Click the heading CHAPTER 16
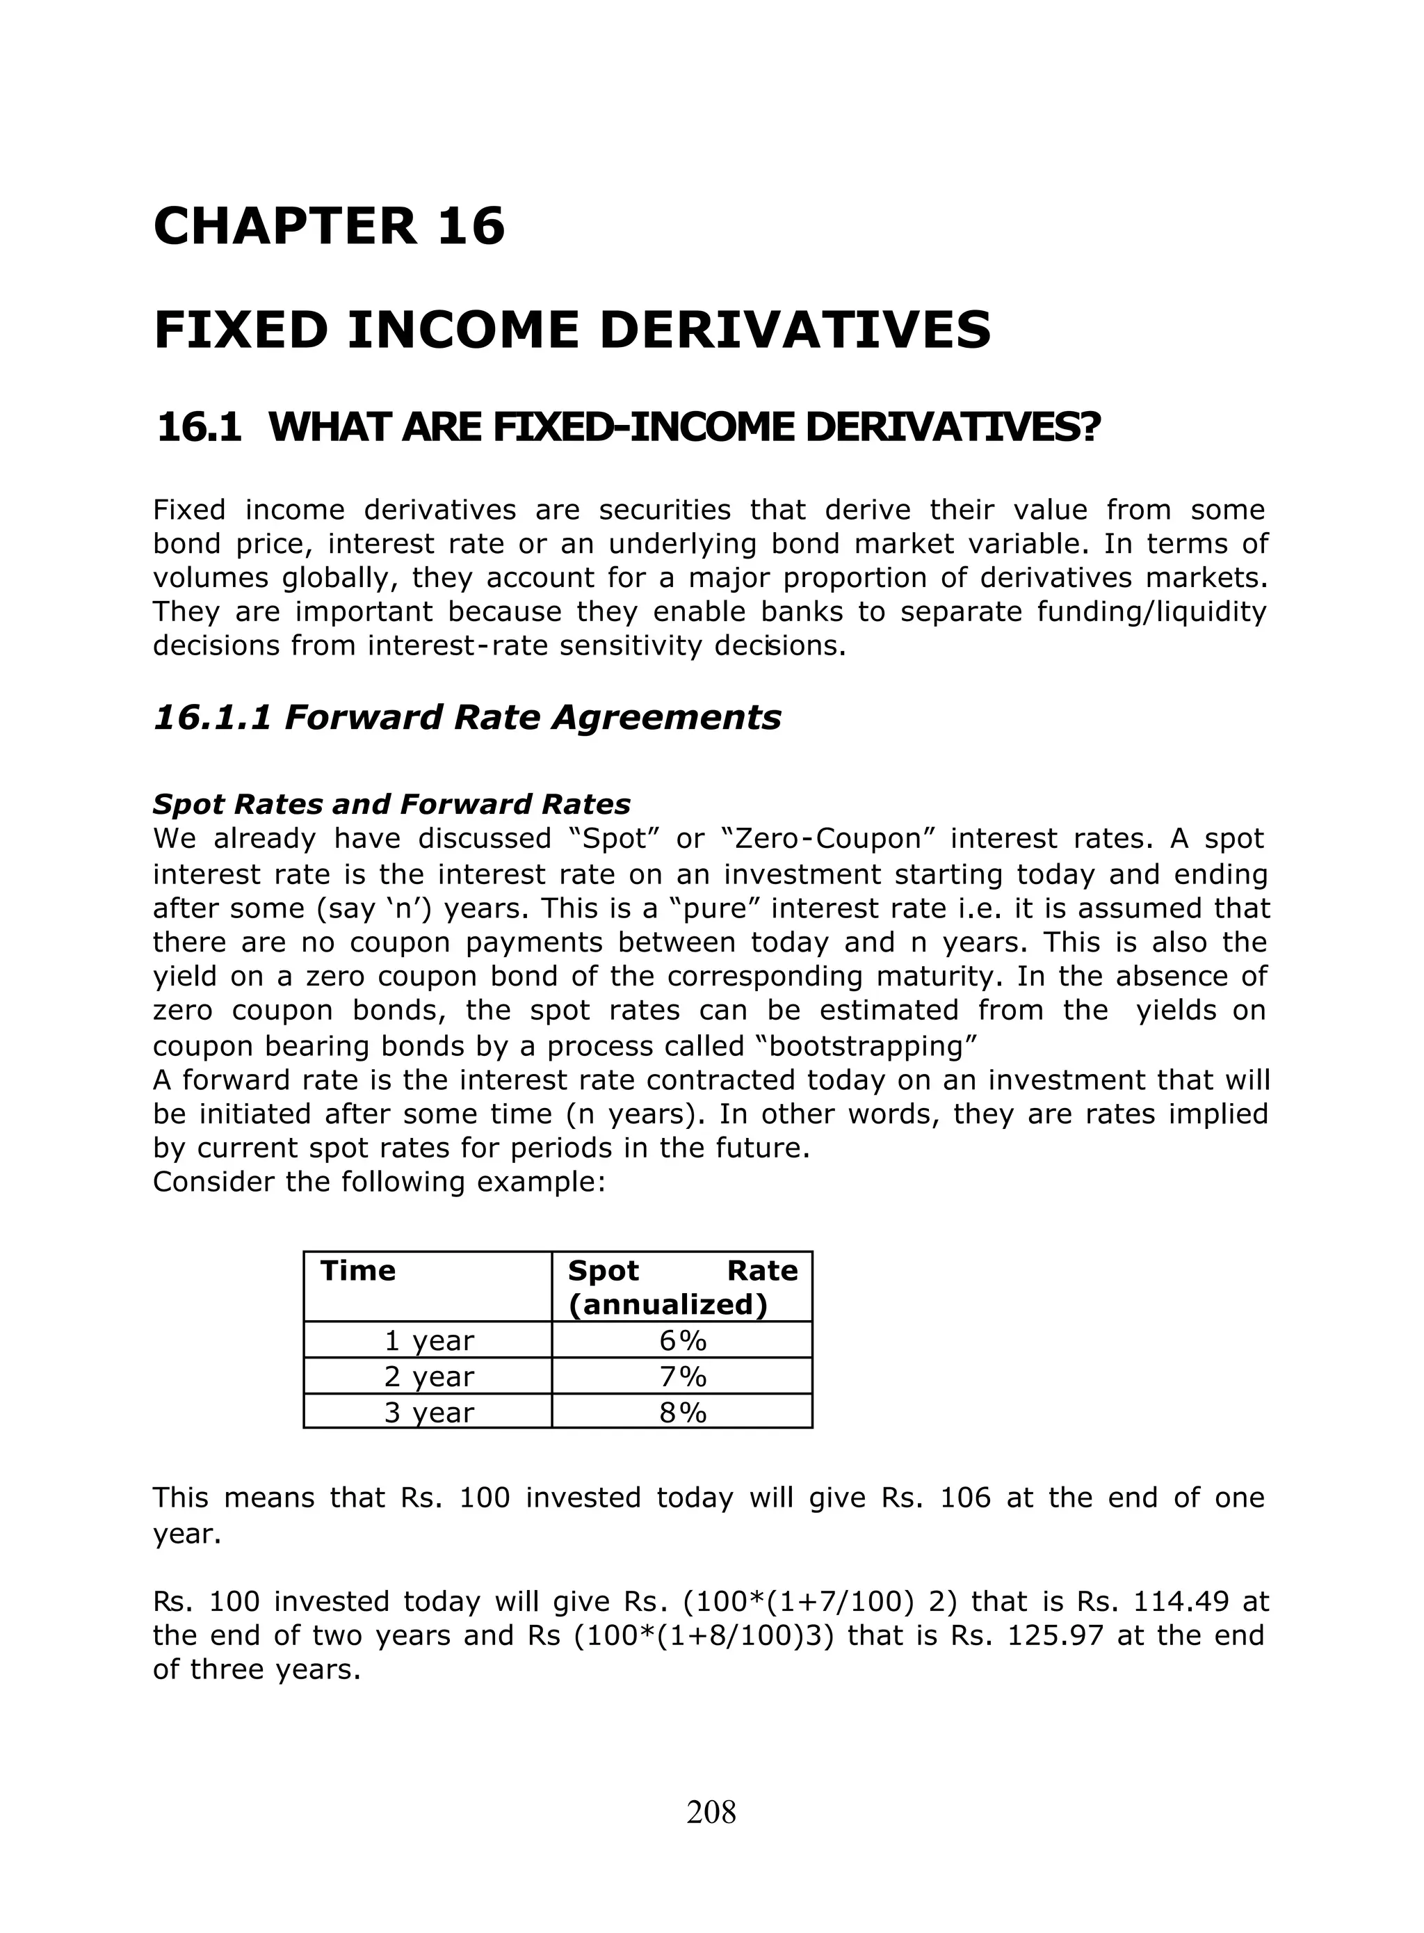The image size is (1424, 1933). click(328, 227)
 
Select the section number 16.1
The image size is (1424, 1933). click(199, 428)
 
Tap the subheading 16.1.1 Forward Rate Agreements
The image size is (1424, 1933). click(467, 717)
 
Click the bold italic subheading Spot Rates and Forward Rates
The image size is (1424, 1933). click(391, 804)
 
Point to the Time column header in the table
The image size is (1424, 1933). click(357, 1271)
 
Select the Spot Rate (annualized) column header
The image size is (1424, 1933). click(682, 1288)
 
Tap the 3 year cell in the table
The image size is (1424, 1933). click(428, 1412)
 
